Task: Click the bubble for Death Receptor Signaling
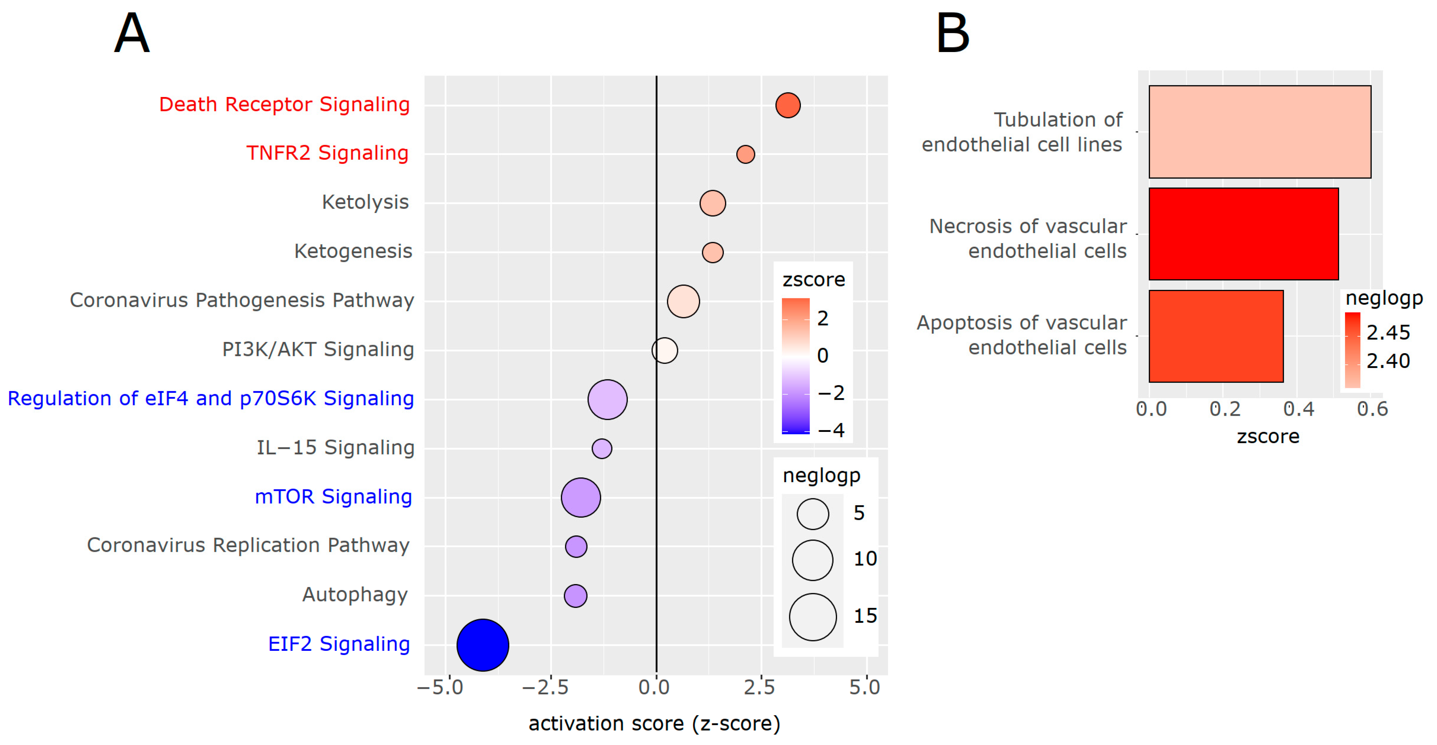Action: pyautogui.click(x=788, y=105)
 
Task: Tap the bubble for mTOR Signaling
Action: pyautogui.click(x=581, y=497)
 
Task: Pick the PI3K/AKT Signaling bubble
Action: pyautogui.click(x=664, y=350)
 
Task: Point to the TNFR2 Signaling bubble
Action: pyautogui.click(x=745, y=154)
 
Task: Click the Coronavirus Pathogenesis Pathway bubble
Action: pyautogui.click(x=683, y=302)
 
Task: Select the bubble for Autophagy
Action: pyautogui.click(x=575, y=595)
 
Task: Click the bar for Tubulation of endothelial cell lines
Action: pyautogui.click(x=1260, y=132)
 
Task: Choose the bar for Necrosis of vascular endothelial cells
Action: pyautogui.click(x=1243, y=234)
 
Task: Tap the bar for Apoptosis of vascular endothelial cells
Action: pyautogui.click(x=1216, y=336)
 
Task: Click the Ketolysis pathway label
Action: pyautogui.click(x=365, y=202)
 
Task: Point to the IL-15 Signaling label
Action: pyautogui.click(x=335, y=448)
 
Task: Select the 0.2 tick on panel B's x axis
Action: pyautogui.click(x=1225, y=409)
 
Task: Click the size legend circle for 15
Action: pyautogui.click(x=813, y=617)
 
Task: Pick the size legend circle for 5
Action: pyautogui.click(x=813, y=513)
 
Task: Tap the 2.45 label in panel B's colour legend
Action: pyautogui.click(x=1388, y=332)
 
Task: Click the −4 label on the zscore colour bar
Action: pyautogui.click(x=831, y=430)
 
